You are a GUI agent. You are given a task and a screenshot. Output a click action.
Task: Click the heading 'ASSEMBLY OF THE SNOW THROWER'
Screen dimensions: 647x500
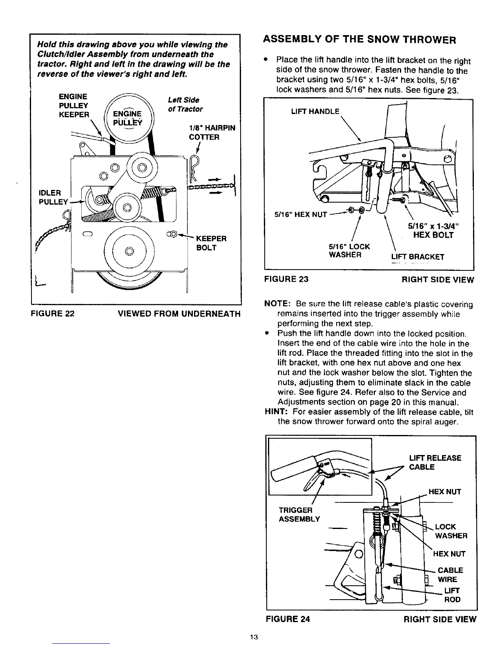tap(359, 40)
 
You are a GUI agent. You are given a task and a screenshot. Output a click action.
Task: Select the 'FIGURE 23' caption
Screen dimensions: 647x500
tap(286, 279)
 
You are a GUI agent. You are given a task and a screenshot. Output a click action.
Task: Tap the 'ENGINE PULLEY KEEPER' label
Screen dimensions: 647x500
tap(74, 105)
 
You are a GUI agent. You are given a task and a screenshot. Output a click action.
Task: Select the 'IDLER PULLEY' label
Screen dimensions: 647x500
tap(53, 197)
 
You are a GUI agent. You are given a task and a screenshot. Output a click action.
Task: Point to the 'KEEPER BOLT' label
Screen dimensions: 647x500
tap(211, 243)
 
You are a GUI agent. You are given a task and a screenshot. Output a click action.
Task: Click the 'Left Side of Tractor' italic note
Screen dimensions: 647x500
tap(185, 105)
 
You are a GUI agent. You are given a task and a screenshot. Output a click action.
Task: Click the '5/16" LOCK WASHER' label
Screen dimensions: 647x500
tap(349, 251)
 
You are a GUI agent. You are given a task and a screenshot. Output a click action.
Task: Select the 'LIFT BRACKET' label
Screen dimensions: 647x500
tap(417, 257)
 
